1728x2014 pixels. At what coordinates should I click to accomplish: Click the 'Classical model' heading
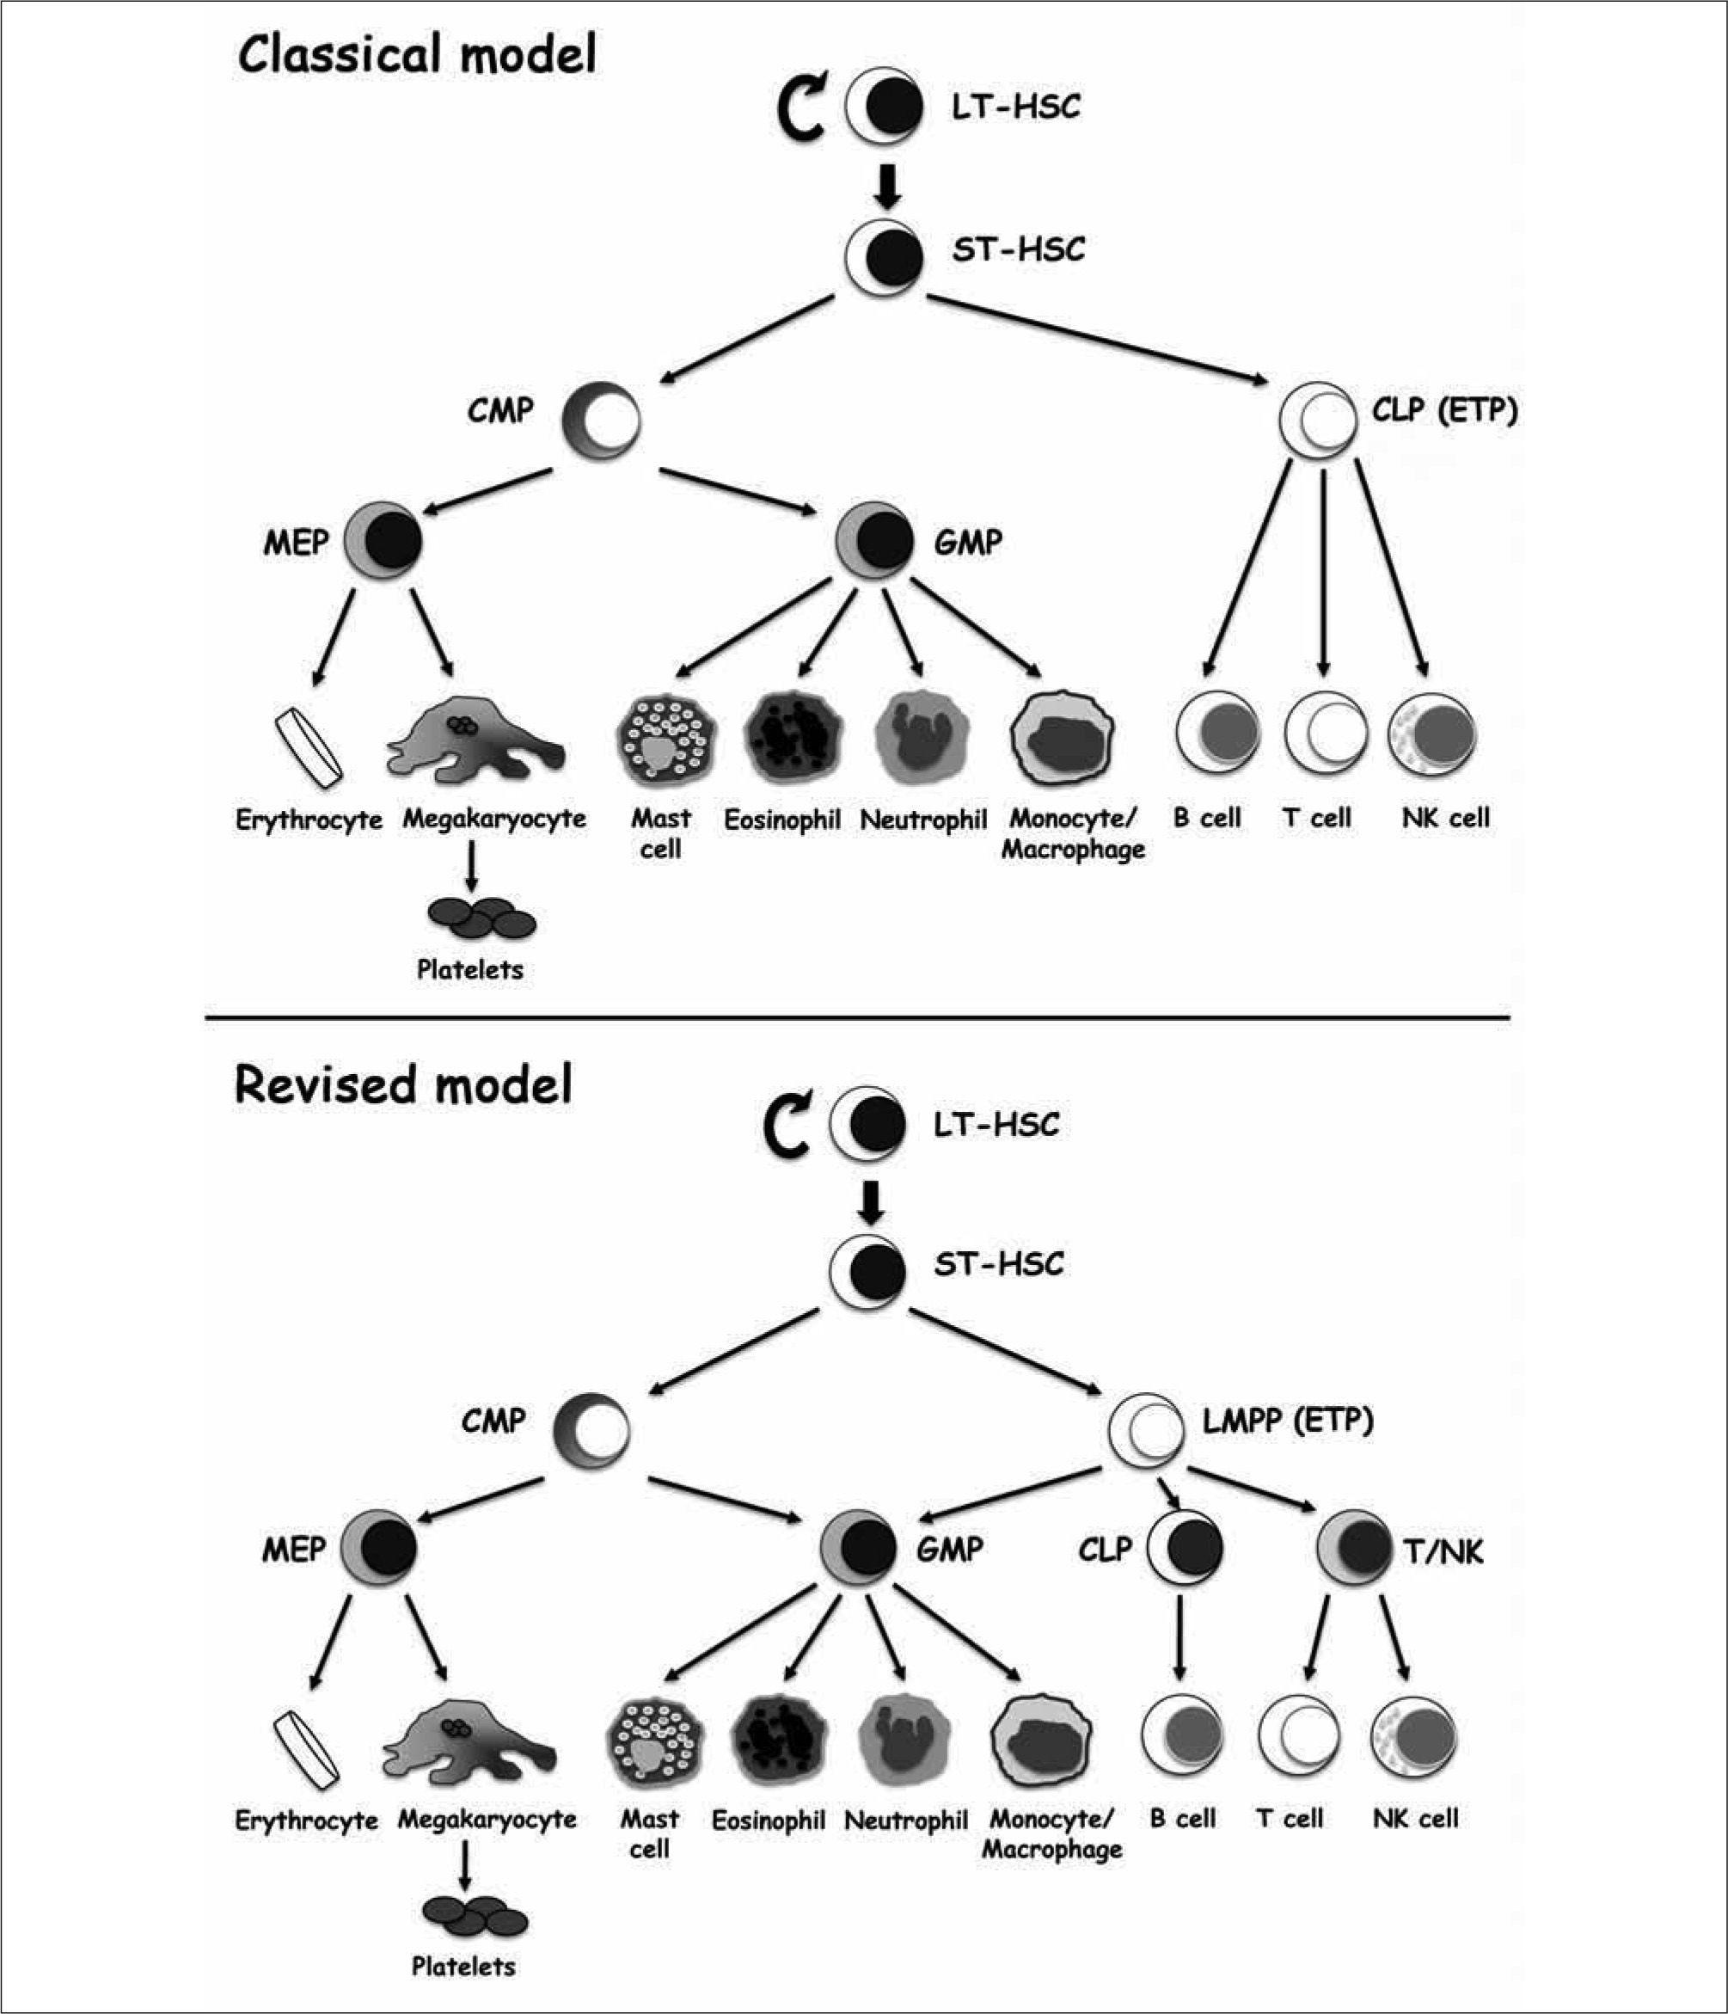(417, 55)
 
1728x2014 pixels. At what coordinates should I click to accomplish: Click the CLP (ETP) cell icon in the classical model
(1317, 420)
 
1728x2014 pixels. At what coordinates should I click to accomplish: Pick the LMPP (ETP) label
(1288, 1421)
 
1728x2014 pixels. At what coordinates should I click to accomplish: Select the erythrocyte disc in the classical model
(308, 746)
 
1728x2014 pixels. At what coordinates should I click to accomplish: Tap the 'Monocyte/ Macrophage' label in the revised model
(1051, 1833)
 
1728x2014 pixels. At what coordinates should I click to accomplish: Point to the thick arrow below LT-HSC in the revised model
(872, 1202)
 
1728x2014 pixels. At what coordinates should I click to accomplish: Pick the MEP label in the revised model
(293, 1550)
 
